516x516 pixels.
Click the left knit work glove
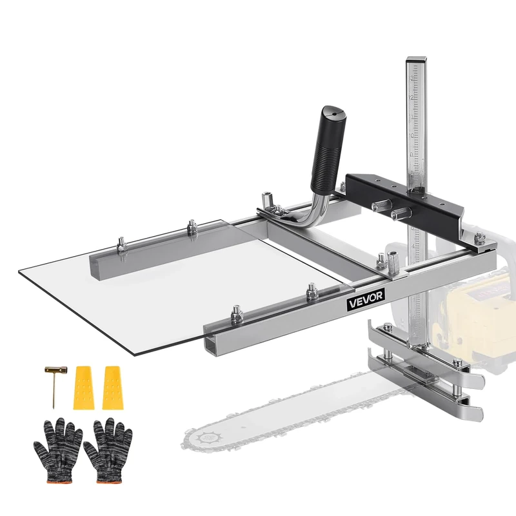[57, 446]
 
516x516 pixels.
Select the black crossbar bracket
[413, 200]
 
